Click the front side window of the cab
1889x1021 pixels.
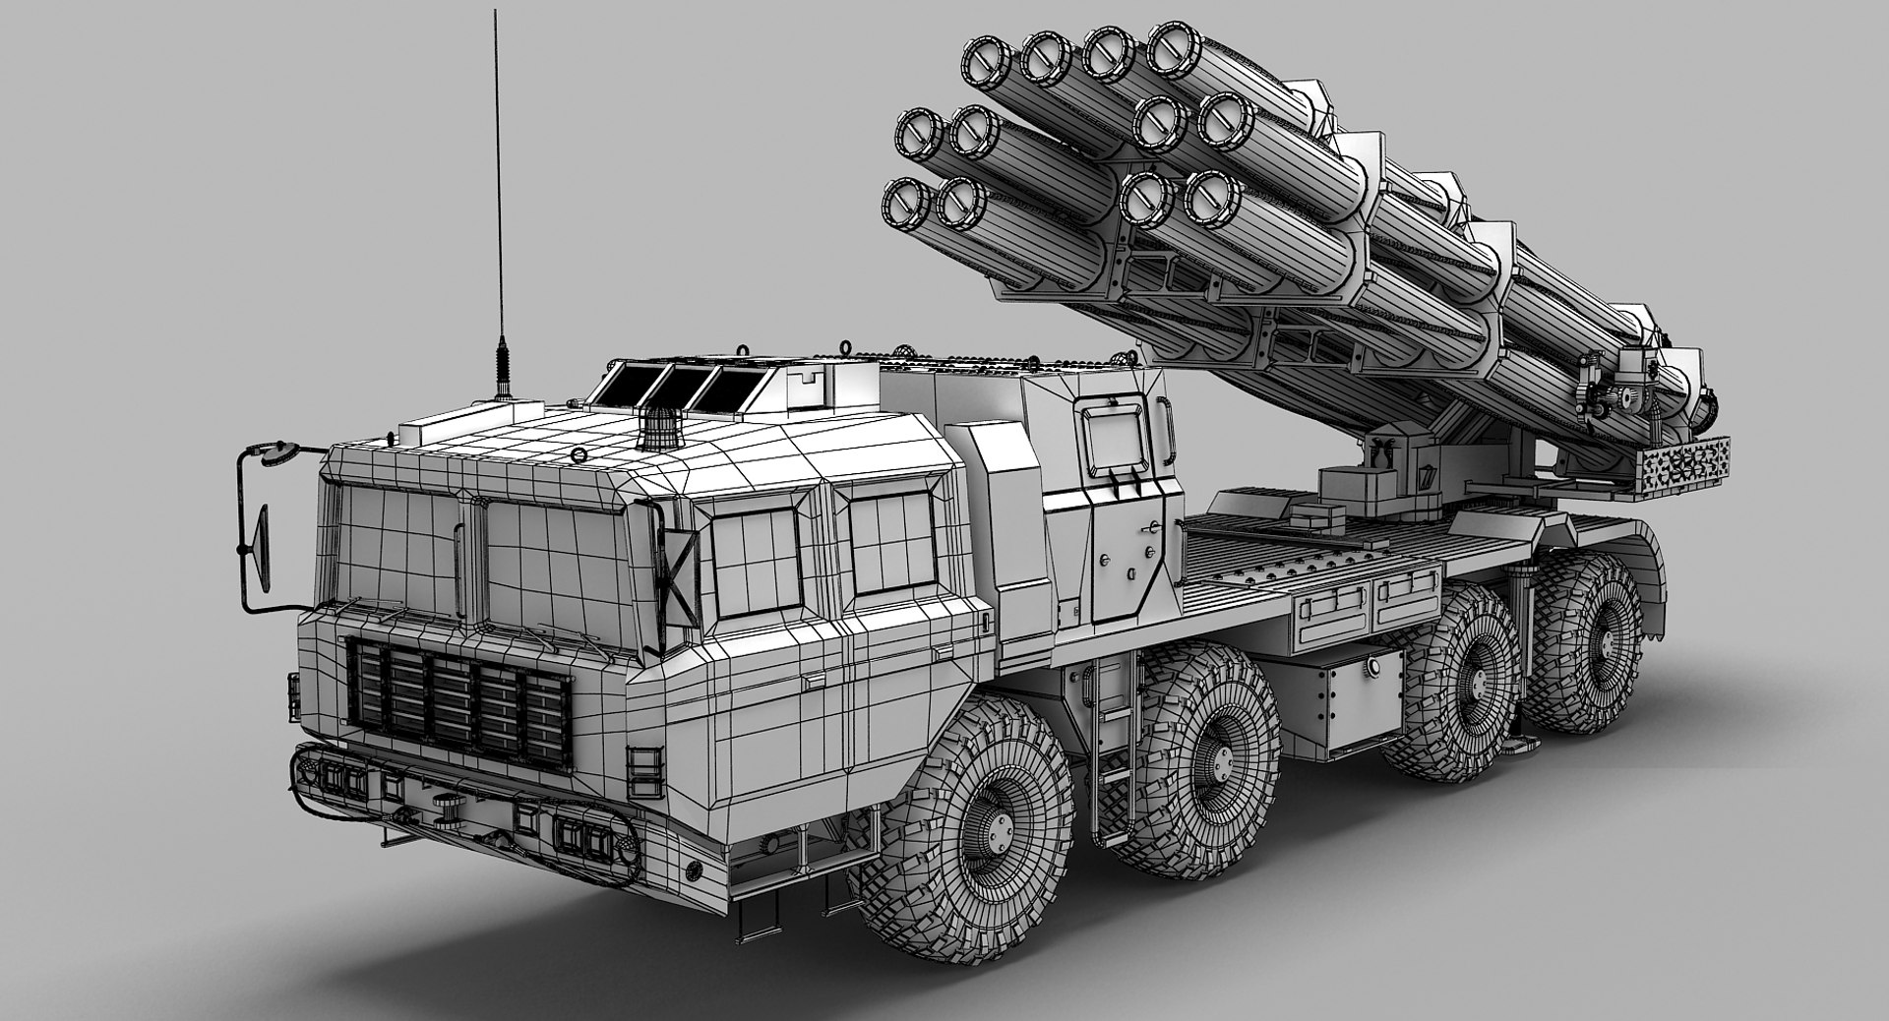click(x=757, y=559)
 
